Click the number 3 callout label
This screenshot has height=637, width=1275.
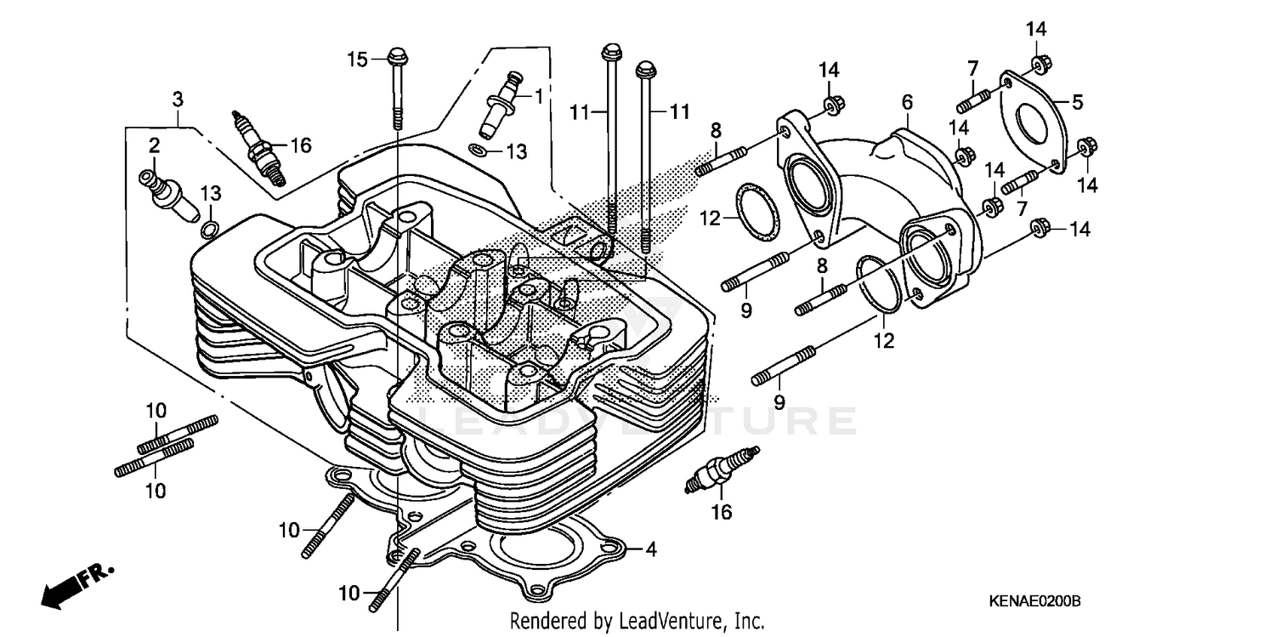point(177,100)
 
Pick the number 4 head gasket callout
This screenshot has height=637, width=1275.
point(650,549)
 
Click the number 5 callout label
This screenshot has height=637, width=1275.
point(1077,103)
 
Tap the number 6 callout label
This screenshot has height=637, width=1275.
point(907,103)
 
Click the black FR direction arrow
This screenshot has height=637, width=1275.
point(68,586)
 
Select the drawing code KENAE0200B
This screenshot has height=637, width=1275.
point(1034,601)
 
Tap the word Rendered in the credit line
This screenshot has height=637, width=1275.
point(543,621)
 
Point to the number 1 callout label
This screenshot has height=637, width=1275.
point(538,97)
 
